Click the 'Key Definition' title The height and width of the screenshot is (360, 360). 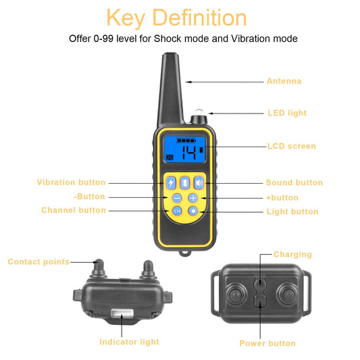click(x=177, y=18)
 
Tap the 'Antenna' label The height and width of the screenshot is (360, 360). click(x=284, y=81)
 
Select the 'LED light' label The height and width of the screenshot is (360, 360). click(x=287, y=113)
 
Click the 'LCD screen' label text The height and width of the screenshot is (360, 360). click(x=290, y=146)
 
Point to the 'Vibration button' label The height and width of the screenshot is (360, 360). click(x=71, y=182)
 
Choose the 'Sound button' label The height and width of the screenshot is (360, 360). click(x=294, y=182)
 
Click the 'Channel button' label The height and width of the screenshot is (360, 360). click(x=74, y=210)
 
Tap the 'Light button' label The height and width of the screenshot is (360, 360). click(x=292, y=211)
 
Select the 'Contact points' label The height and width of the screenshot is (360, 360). click(x=38, y=261)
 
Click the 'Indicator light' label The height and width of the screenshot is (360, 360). click(x=129, y=342)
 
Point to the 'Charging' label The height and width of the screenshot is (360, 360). click(x=292, y=255)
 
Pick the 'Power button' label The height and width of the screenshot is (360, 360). click(x=267, y=343)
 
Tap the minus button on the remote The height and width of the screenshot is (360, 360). click(x=176, y=198)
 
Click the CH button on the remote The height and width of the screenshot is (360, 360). click(x=176, y=211)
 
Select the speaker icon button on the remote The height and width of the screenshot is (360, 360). click(x=199, y=182)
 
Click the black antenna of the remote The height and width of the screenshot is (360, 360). click(x=169, y=88)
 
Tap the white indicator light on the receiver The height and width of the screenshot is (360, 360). click(x=121, y=313)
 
